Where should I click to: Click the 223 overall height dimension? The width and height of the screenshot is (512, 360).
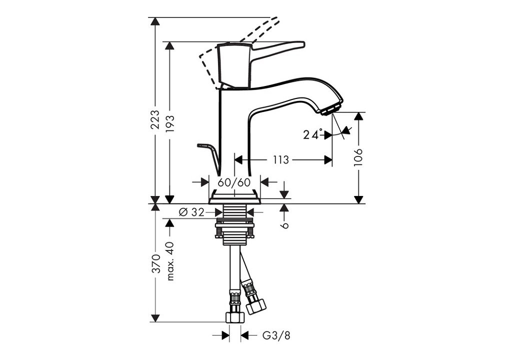click(x=156, y=119)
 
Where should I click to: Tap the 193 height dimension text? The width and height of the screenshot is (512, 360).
click(x=170, y=123)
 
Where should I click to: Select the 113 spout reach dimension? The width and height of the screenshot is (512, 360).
click(x=281, y=159)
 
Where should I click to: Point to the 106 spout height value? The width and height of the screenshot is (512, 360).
click(x=358, y=157)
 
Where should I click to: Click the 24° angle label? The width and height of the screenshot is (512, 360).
click(x=312, y=134)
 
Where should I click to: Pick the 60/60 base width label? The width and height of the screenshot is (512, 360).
click(x=234, y=182)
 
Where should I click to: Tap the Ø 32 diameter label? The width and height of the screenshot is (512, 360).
click(x=191, y=212)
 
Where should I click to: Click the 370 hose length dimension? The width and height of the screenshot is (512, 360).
click(x=156, y=263)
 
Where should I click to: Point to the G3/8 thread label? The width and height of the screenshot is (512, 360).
click(x=276, y=335)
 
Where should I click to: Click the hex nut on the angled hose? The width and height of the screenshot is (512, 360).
click(x=255, y=306)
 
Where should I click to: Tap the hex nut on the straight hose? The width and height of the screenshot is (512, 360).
click(x=235, y=316)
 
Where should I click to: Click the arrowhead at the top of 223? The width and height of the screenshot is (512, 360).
click(x=156, y=21)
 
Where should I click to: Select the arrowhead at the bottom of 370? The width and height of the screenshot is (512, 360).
click(x=156, y=317)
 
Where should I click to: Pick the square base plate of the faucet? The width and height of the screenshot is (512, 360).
click(x=234, y=198)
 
